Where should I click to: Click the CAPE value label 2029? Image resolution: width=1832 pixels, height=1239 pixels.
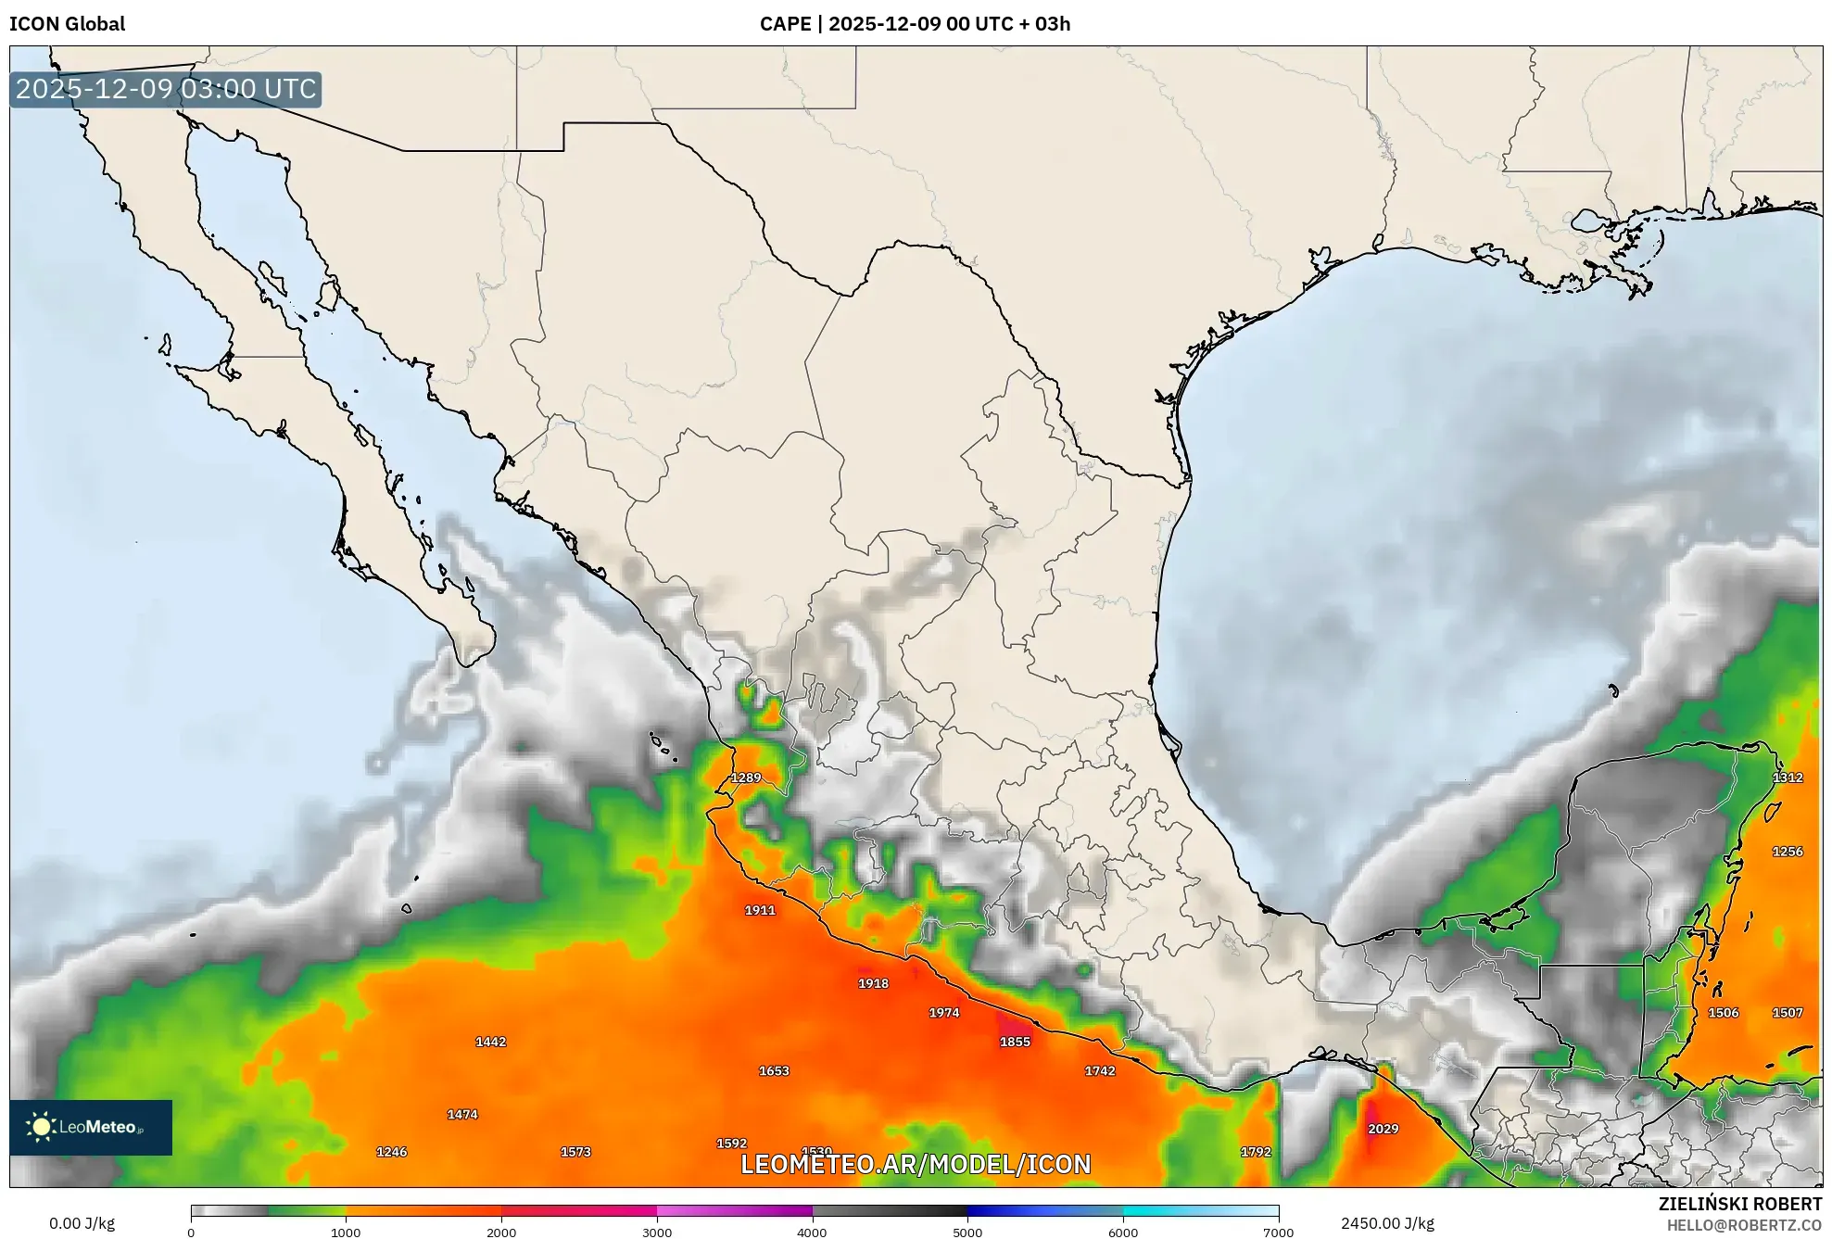1383,1129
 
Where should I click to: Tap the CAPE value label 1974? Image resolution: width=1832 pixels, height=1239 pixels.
943,1013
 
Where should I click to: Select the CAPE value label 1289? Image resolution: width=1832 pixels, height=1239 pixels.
746,778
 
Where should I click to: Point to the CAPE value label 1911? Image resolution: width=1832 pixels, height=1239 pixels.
760,910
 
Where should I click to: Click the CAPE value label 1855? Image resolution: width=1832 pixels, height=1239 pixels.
1015,1042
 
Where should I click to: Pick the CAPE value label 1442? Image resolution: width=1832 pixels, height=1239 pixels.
490,1042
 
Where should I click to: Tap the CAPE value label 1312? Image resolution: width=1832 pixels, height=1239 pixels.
1788,778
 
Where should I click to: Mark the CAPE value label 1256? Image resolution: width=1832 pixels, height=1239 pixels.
1788,852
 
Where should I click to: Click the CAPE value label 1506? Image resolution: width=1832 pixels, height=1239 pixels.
1723,1013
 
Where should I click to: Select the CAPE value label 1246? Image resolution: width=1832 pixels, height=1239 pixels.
391,1152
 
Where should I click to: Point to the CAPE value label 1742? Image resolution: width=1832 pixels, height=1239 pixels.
1100,1071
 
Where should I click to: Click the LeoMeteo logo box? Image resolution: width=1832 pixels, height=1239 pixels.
91,1127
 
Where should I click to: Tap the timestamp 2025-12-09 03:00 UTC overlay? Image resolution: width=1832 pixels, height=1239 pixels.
166,89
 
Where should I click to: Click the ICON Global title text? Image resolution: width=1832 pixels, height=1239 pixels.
67,24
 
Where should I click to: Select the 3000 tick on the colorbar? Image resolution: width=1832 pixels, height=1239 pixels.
657,1232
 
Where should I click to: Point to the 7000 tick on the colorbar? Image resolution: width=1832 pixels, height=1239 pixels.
1278,1232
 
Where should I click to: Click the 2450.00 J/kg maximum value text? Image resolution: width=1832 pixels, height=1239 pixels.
1387,1223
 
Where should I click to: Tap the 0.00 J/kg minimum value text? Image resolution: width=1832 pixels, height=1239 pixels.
82,1223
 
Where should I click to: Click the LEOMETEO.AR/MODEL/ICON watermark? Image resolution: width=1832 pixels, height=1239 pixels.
916,1164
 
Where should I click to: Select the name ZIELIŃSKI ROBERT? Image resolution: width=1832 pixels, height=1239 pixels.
1739,1204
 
